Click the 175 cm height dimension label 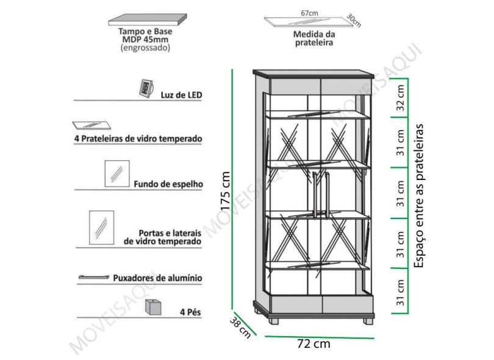click(x=226, y=191)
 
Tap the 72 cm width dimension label click(x=314, y=344)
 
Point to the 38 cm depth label click(x=240, y=328)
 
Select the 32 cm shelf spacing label click(x=400, y=98)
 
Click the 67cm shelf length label click(x=309, y=13)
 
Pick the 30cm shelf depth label click(x=354, y=20)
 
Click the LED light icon click(x=146, y=88)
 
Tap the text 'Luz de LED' click(x=181, y=95)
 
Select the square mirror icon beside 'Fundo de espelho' click(x=117, y=174)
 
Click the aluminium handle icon click(x=93, y=277)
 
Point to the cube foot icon click(x=154, y=307)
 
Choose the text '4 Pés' click(x=190, y=312)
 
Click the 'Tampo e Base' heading click(x=145, y=32)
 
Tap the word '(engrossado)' click(x=145, y=48)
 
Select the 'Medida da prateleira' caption click(x=314, y=38)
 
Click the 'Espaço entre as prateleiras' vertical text click(x=419, y=196)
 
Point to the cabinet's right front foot click(x=368, y=321)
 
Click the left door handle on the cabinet click(x=315, y=195)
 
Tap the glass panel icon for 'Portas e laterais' click(x=101, y=228)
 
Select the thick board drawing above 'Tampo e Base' click(x=148, y=20)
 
